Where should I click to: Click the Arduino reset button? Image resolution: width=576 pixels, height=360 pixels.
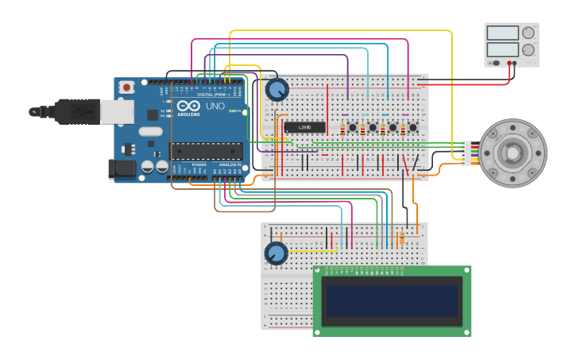(x=126, y=87)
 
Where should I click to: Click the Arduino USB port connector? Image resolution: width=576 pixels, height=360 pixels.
(x=116, y=112)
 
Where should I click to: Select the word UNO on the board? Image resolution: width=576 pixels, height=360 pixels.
(x=215, y=106)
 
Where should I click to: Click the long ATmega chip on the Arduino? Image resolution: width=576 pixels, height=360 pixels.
(x=206, y=150)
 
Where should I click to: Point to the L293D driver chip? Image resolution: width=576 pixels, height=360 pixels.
(x=305, y=127)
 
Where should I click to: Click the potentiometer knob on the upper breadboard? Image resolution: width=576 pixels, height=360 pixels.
(x=276, y=90)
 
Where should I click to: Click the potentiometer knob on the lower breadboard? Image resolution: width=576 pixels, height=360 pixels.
(x=276, y=253)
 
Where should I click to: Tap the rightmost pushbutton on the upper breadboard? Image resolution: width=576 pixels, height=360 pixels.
(x=412, y=127)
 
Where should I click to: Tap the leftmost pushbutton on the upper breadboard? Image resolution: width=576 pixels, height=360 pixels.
(x=352, y=127)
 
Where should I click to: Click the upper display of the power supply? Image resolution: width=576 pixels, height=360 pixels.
(x=502, y=33)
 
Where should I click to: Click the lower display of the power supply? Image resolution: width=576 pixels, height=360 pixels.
(x=502, y=49)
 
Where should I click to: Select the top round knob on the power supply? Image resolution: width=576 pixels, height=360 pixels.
(x=528, y=33)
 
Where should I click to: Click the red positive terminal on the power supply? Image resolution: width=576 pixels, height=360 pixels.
(x=509, y=63)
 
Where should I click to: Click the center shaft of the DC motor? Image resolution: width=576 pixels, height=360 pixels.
(x=512, y=153)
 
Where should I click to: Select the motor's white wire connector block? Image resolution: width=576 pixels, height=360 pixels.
(x=466, y=153)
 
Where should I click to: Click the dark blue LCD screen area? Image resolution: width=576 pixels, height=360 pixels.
(x=392, y=300)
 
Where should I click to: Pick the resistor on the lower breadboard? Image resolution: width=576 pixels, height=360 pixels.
(x=402, y=238)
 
